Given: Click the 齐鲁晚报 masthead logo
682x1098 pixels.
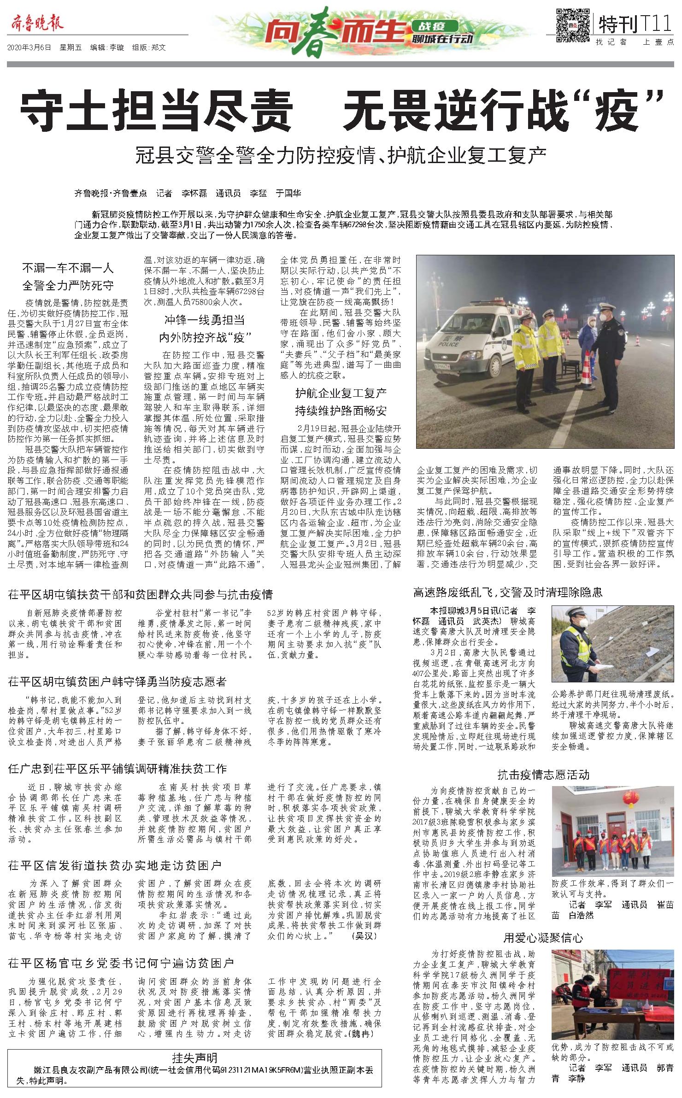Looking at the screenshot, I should coord(35,23).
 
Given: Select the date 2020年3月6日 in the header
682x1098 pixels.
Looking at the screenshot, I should coord(29,47).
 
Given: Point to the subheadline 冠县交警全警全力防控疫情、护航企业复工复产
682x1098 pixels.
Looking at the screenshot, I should coord(341,156).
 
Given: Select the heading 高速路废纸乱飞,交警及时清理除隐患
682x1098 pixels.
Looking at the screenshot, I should coord(507,593).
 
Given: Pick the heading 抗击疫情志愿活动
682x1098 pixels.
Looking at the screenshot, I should coord(543,775).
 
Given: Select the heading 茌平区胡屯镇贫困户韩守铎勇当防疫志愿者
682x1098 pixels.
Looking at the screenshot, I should coord(118,682).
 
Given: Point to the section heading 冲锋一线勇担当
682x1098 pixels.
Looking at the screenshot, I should coord(205,320).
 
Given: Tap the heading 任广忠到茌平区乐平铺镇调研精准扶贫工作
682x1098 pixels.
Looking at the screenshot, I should coord(118,769).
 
